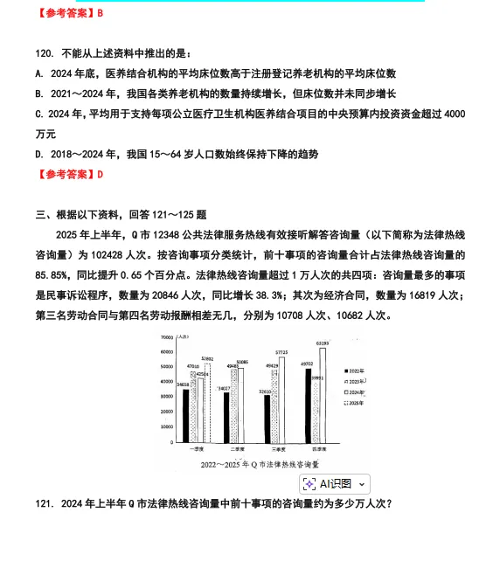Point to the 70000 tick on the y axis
pyautogui.click(x=166, y=336)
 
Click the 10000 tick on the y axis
pyautogui.click(x=166, y=426)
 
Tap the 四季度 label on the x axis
pyautogui.click(x=316, y=448)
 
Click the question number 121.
pyautogui.click(x=43, y=504)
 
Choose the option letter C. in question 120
pyautogui.click(x=40, y=114)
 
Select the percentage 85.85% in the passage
pyautogui.click(x=53, y=275)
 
